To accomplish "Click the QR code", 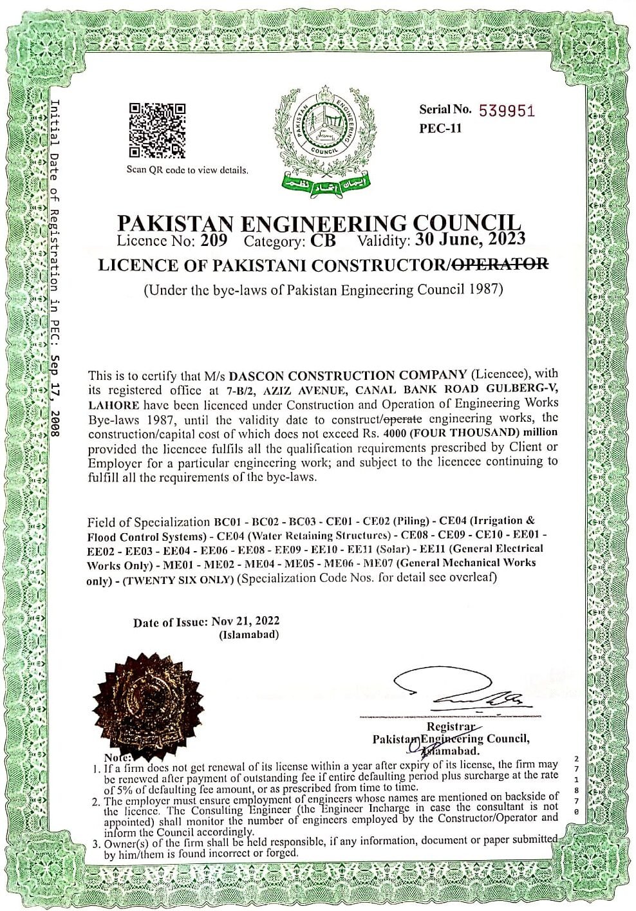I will [158, 131].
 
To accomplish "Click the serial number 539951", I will [507, 111].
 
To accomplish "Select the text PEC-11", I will [440, 128].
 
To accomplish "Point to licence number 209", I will [214, 242].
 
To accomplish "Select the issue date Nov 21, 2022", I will [245, 622].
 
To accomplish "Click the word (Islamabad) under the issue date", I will [250, 635].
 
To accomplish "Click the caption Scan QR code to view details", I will [187, 170].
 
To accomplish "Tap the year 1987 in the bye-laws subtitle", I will [484, 289].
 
